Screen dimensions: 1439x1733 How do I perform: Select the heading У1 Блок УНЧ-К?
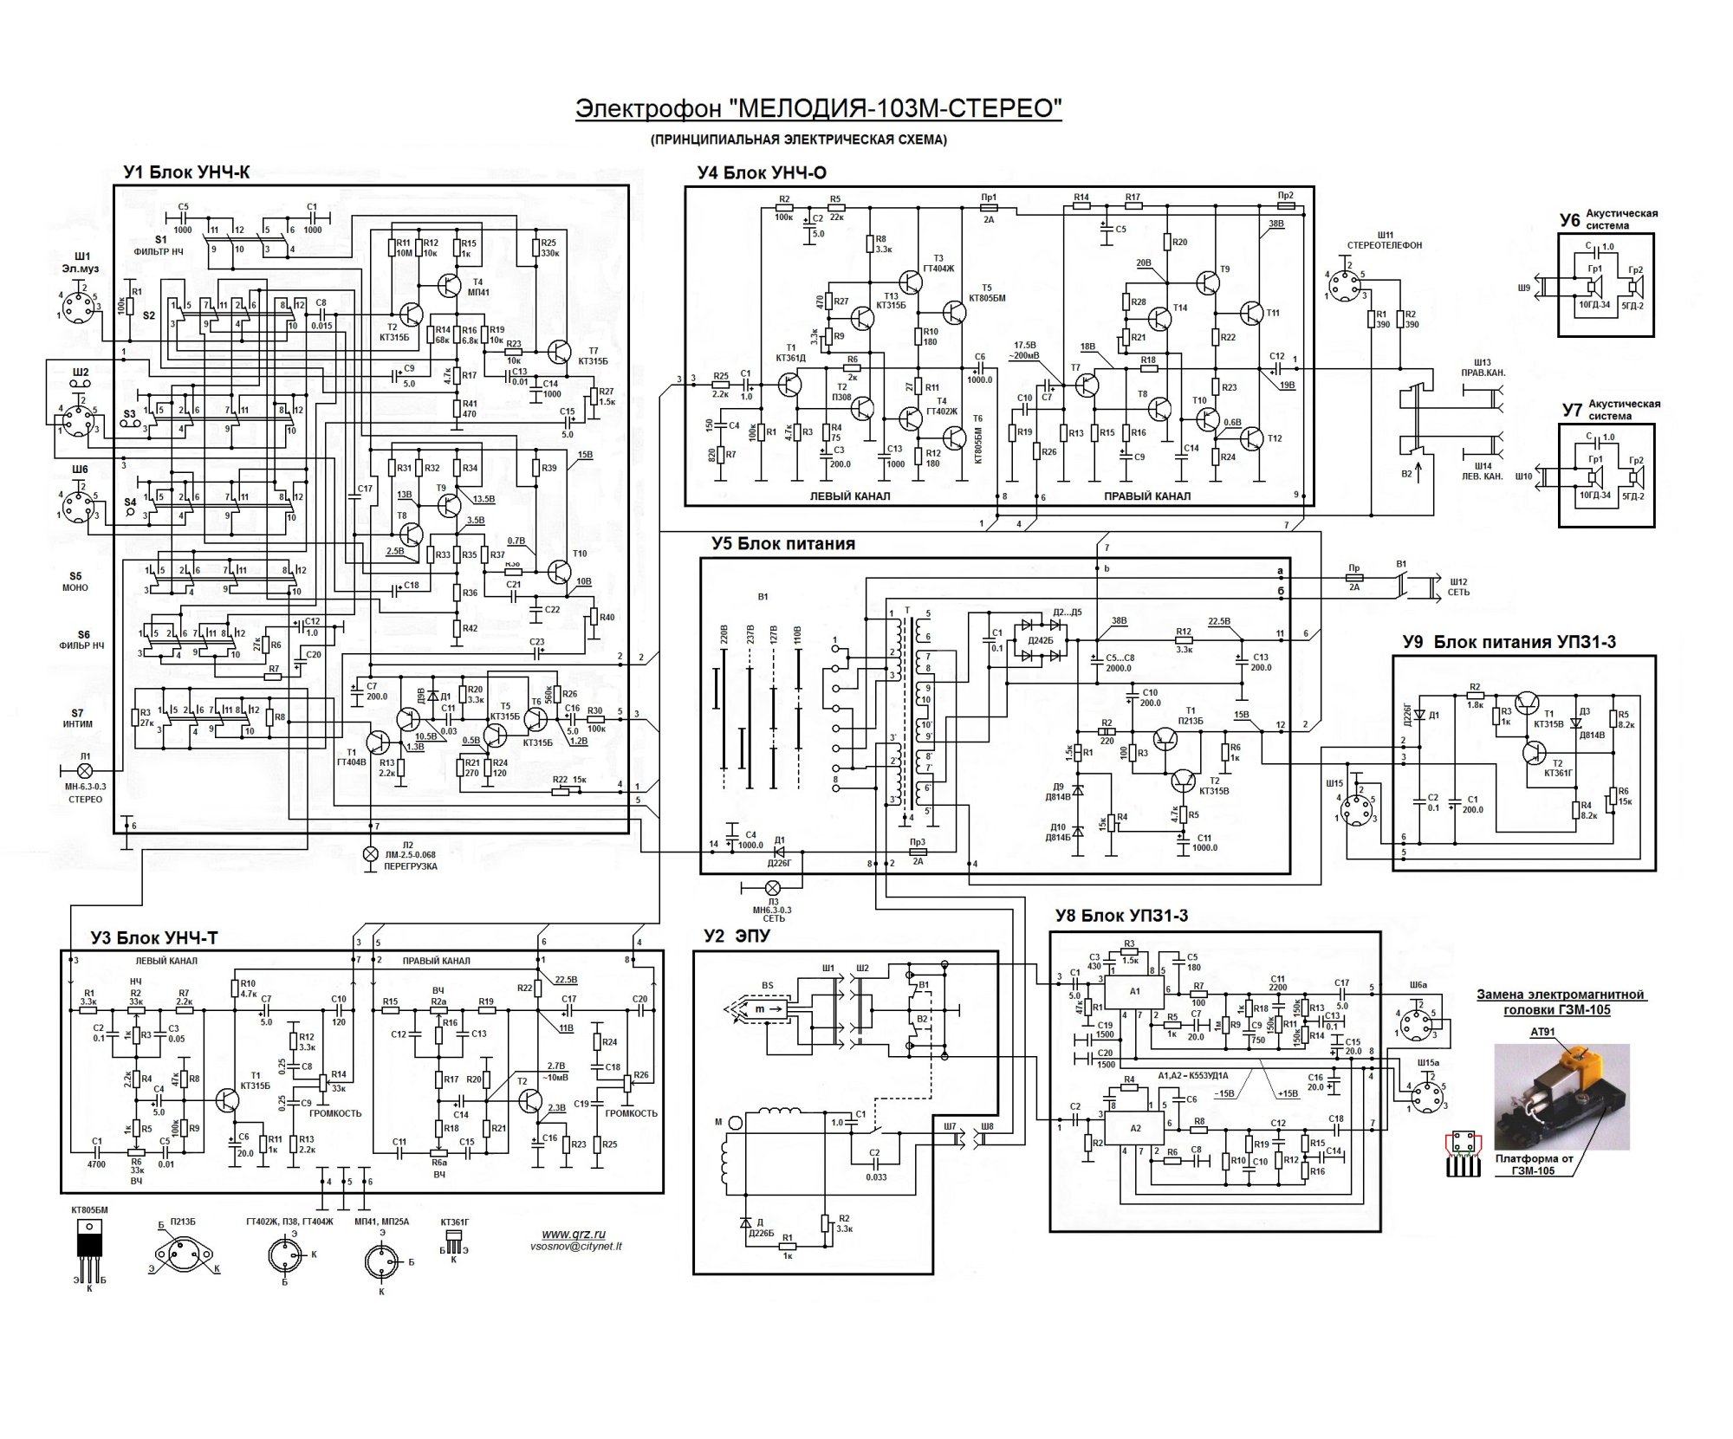pyautogui.click(x=186, y=172)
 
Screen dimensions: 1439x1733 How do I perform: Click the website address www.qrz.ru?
pyautogui.click(x=574, y=1235)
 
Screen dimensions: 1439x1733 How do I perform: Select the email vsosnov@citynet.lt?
pyautogui.click(x=575, y=1247)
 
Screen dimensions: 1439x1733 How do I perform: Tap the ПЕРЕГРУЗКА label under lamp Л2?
pyautogui.click(x=411, y=866)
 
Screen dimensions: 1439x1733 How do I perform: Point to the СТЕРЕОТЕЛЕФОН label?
pyautogui.click(x=1384, y=245)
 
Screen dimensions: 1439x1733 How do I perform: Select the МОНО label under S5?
pyautogui.click(x=75, y=587)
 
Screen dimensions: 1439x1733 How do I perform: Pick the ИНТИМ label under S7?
pyautogui.click(x=77, y=724)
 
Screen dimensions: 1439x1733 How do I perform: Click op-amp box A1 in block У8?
pyautogui.click(x=1135, y=991)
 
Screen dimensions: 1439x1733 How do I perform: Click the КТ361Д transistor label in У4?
pyautogui.click(x=790, y=358)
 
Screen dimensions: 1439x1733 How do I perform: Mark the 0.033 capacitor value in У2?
pyautogui.click(x=876, y=1177)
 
